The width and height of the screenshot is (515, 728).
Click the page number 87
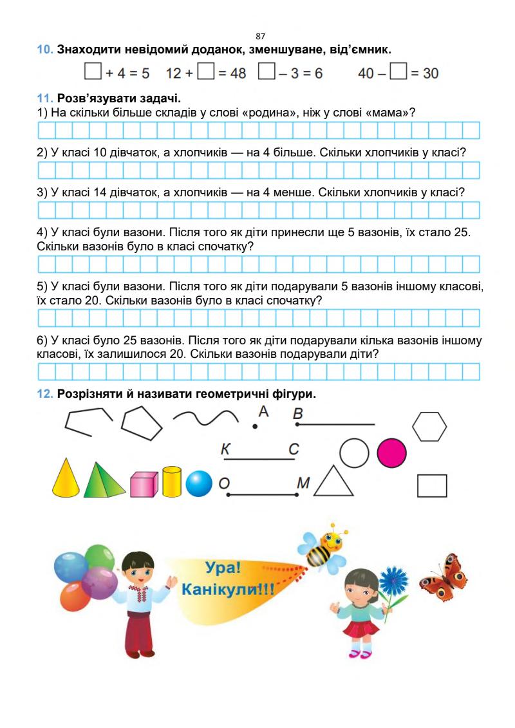click(260, 37)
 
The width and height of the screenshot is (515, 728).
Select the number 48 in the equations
click(238, 73)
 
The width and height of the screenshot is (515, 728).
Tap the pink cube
click(144, 484)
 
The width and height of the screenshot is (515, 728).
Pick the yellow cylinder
click(172, 481)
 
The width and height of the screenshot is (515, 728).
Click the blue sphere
click(199, 484)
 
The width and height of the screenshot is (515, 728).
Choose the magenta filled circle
click(392, 453)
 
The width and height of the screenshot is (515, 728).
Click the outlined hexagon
click(429, 427)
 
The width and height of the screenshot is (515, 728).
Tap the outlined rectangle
click(432, 485)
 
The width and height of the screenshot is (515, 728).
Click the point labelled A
click(255, 426)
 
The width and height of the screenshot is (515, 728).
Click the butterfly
click(443, 574)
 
